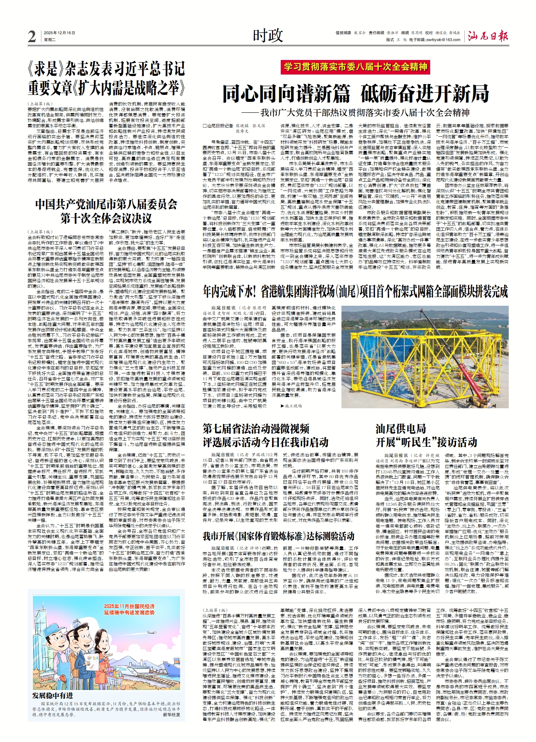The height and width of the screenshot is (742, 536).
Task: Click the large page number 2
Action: tap(32, 37)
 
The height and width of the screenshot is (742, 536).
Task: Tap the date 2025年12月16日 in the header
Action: tap(59, 33)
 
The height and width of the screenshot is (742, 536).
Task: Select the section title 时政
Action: tap(268, 36)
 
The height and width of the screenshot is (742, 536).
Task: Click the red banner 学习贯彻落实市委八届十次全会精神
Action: tap(355, 67)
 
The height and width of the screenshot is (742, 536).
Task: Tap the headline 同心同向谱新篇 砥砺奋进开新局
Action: tap(355, 94)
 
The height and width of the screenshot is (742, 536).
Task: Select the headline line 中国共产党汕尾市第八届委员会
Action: tap(106, 204)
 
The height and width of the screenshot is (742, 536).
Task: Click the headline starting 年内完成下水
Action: tap(355, 292)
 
